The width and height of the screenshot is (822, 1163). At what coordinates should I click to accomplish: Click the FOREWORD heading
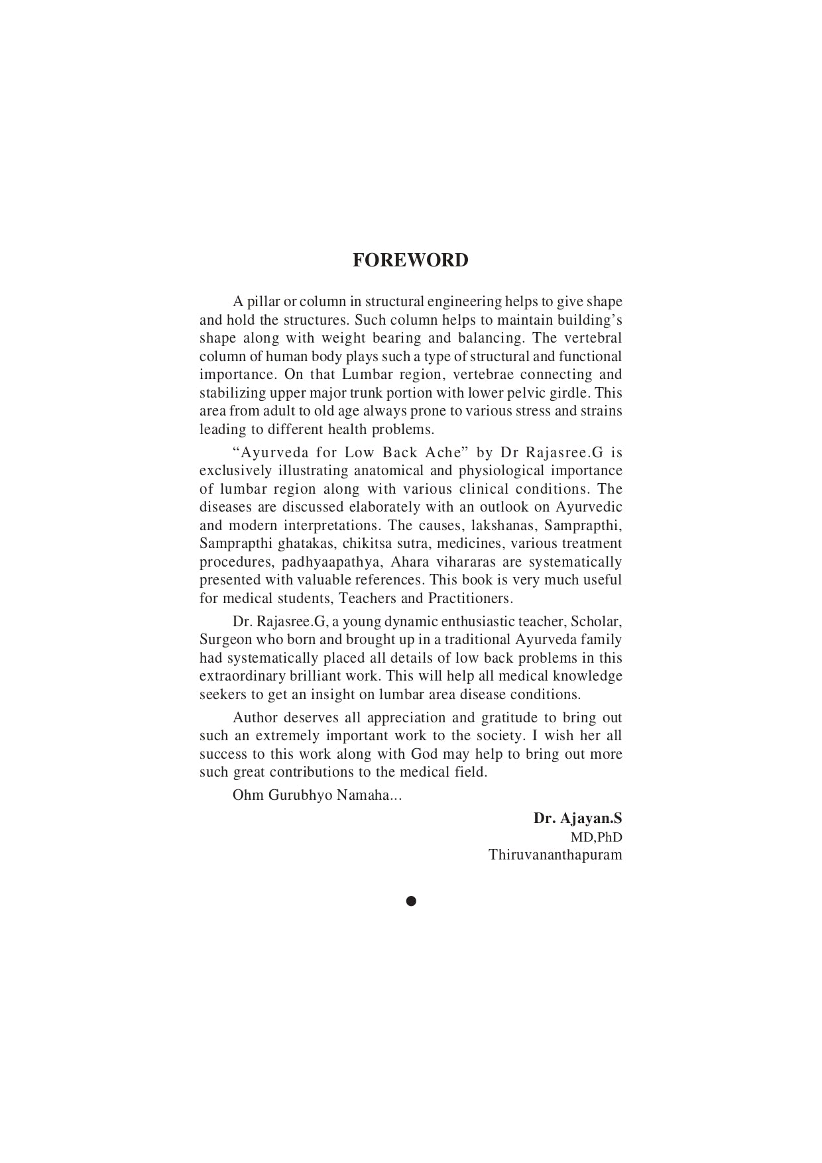410,260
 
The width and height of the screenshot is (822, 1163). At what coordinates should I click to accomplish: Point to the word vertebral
593,338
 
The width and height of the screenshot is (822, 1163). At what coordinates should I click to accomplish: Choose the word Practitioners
470,598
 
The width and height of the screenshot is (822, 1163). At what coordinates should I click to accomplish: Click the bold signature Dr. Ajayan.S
577,818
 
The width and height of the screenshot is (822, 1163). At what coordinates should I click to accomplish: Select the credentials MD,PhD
596,837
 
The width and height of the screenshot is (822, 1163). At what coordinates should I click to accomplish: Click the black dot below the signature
411,901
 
